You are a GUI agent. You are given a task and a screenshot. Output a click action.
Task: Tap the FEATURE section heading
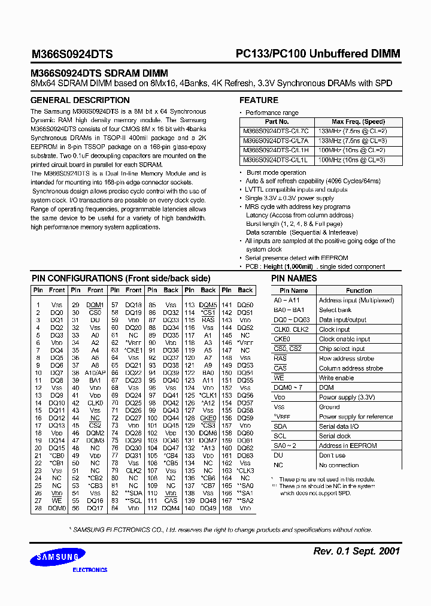[x=259, y=100]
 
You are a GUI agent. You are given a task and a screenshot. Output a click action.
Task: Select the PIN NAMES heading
[x=294, y=278]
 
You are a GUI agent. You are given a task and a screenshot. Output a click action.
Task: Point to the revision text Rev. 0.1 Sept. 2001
[x=356, y=551]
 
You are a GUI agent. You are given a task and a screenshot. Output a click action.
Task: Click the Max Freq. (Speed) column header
[x=358, y=122]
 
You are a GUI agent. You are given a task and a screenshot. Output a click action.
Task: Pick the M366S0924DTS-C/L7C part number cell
[x=276, y=131]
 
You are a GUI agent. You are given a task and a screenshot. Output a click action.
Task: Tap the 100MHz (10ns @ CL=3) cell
[x=352, y=160]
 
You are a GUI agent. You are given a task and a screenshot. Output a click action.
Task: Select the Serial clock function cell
[x=335, y=436]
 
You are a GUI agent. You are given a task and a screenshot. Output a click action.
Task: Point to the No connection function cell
[x=339, y=465]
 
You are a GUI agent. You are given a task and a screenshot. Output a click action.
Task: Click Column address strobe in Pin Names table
[x=351, y=368]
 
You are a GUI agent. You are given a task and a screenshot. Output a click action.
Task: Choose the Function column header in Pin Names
[x=359, y=290]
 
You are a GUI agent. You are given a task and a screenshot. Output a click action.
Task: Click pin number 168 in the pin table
[x=227, y=508]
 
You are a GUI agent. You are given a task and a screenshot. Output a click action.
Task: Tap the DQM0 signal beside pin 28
[x=57, y=508]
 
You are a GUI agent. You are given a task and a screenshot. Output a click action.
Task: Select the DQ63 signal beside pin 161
[x=245, y=456]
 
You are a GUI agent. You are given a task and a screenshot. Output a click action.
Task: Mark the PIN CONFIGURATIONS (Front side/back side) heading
[x=120, y=278]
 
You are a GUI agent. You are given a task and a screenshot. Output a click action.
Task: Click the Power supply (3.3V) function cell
[x=347, y=397]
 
